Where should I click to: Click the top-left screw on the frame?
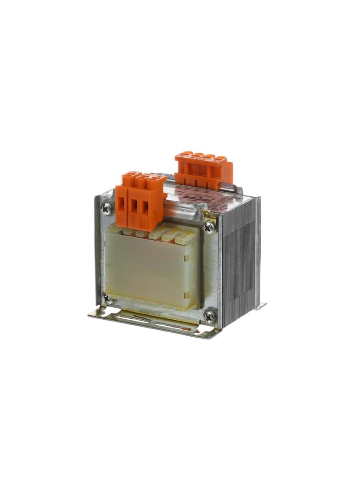tap(106, 208)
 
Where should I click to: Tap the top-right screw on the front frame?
tap(209, 226)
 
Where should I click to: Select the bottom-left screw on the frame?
tap(107, 298)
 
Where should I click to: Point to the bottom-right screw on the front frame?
tap(210, 315)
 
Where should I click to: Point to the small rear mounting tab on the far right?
tap(262, 305)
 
